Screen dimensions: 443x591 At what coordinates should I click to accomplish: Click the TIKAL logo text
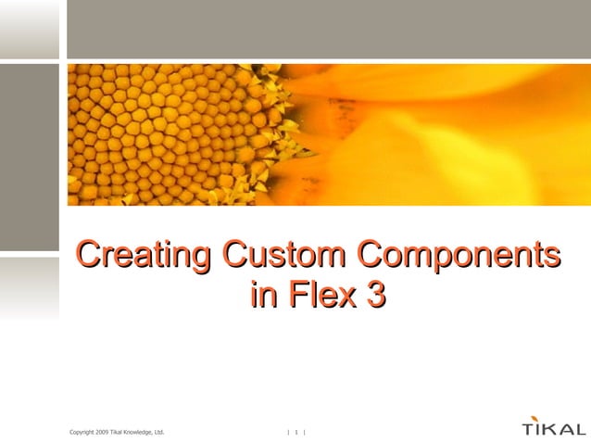pyautogui.click(x=554, y=430)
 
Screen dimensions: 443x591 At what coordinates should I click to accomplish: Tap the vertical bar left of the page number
pyautogui.click(x=288, y=431)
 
